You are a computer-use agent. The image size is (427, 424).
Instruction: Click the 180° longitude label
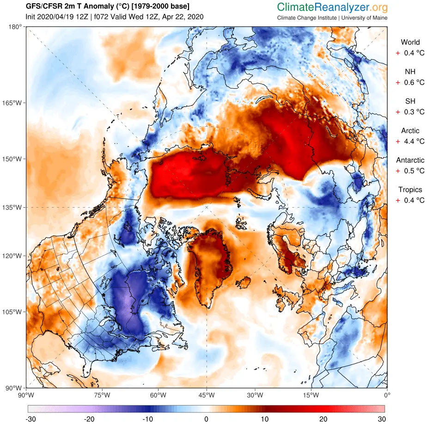click(16, 27)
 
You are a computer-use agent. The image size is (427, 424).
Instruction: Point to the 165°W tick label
click(14, 103)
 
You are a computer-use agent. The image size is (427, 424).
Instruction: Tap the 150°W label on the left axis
click(14, 159)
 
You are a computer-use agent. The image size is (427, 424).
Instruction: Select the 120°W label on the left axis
click(14, 256)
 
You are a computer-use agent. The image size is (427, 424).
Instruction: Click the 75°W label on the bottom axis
click(102, 395)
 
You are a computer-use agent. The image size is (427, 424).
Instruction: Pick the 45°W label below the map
click(206, 395)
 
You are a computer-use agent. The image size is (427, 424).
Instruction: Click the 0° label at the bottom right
click(387, 395)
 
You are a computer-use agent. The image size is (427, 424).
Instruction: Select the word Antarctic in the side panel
click(410, 160)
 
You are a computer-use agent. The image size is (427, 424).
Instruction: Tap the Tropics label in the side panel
click(410, 190)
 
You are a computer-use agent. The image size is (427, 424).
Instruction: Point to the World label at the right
click(410, 42)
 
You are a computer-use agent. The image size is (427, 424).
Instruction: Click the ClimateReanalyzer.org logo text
click(332, 7)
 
